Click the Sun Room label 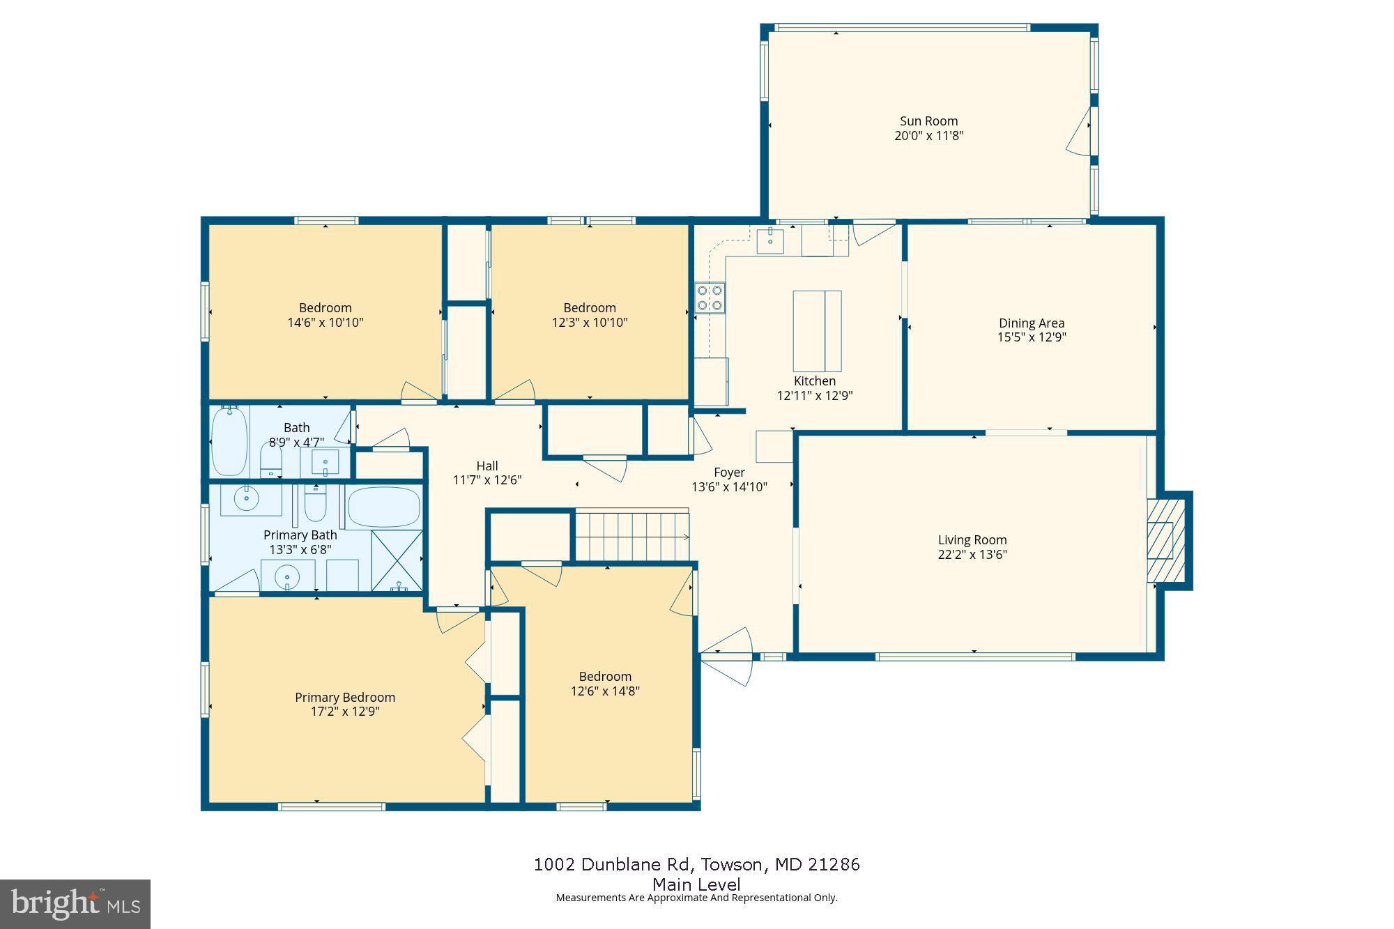click(928, 121)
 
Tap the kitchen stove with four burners click(710, 298)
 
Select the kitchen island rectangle click(817, 331)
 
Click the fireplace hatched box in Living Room click(1165, 540)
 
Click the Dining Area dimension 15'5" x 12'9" click(1032, 337)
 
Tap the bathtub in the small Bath click(229, 442)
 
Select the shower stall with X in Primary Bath click(397, 561)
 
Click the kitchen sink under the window click(770, 241)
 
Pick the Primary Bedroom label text click(345, 698)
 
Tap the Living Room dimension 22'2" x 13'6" click(972, 555)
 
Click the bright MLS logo click(75, 904)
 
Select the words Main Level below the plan click(696, 884)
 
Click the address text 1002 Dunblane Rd click(613, 865)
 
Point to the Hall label click(487, 466)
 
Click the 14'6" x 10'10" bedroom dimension click(325, 323)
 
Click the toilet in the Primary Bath click(315, 505)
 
